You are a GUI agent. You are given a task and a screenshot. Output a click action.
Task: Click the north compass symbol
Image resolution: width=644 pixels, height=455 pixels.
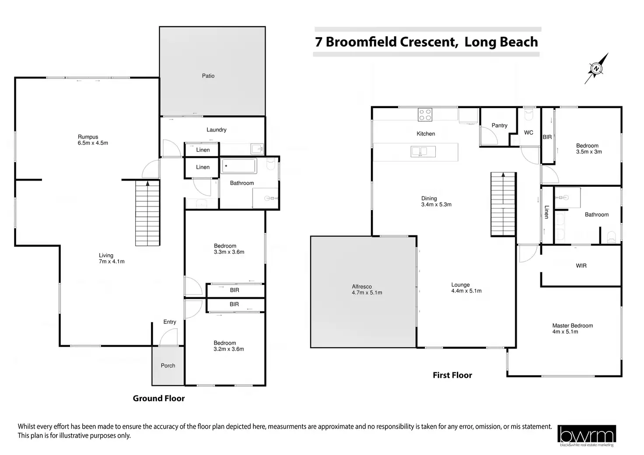[596, 69]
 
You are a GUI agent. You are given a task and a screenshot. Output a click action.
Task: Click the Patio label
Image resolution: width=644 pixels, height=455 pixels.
[208, 76]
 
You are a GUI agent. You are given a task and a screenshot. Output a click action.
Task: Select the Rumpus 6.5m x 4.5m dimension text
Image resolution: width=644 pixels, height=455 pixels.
[93, 140]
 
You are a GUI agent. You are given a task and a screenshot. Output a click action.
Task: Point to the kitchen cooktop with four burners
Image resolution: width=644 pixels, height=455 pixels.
[425, 114]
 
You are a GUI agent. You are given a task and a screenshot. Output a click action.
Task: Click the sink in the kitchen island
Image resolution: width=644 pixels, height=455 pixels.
[423, 151]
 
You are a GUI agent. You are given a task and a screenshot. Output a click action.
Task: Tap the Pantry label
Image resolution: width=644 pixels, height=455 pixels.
[499, 126]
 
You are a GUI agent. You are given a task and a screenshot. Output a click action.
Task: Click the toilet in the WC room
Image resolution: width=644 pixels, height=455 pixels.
[528, 115]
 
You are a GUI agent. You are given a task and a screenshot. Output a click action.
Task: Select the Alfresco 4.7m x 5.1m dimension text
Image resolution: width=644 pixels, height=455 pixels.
[367, 290]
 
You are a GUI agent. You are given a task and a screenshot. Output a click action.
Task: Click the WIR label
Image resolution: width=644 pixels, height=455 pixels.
[581, 266]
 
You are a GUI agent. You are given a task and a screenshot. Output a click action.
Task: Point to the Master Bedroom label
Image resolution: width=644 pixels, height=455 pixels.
[572, 325]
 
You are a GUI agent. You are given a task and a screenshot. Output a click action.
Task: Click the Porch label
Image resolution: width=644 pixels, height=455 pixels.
[168, 366]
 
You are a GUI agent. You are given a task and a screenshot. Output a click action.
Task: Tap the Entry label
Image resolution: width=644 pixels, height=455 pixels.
[170, 322]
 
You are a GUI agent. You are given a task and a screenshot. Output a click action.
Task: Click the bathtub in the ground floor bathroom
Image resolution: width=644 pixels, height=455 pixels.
[238, 166]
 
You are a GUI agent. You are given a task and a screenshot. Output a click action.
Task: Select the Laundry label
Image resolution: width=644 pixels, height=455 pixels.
[217, 130]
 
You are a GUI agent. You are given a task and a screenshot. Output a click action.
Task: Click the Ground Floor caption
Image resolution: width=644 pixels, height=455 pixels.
[159, 399]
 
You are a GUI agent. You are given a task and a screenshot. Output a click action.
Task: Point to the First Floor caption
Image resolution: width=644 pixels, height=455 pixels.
[452, 375]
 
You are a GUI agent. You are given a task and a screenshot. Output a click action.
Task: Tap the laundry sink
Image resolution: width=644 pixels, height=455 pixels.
[257, 149]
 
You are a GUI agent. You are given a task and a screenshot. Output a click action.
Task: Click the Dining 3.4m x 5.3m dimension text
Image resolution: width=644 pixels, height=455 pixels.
[436, 202]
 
